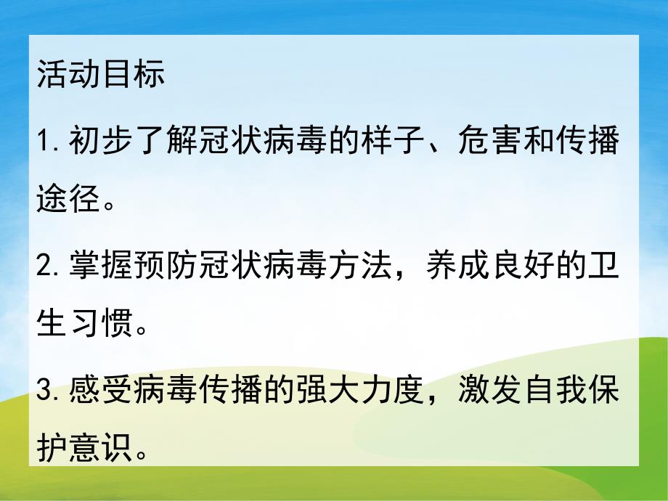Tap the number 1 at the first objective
[x=43, y=143]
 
